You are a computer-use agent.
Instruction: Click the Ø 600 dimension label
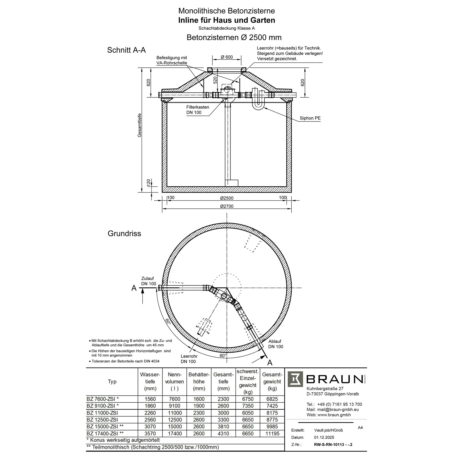(x=227, y=57)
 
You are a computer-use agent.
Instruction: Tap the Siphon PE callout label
(x=310, y=118)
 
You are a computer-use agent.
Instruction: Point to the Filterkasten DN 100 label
(x=198, y=110)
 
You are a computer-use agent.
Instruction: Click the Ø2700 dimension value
(x=227, y=206)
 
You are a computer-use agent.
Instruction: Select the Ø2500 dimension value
(x=227, y=198)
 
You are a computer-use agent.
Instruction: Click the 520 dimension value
(x=215, y=80)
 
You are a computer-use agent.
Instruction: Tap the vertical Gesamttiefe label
(x=139, y=125)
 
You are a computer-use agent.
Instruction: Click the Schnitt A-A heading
(x=126, y=50)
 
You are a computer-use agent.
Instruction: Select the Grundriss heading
(x=124, y=234)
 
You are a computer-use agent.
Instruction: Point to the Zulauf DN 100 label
(x=149, y=281)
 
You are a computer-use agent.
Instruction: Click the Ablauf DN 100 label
(x=275, y=344)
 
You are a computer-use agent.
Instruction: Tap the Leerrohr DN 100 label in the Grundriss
(x=189, y=359)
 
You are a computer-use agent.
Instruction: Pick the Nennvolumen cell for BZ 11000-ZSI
(x=175, y=413)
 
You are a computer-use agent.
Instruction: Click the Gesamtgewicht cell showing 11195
(x=272, y=433)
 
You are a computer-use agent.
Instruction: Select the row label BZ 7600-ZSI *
(x=103, y=399)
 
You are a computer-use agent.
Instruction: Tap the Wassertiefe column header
(x=150, y=381)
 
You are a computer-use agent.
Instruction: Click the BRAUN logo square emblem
(x=295, y=379)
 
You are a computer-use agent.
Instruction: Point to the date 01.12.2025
(x=324, y=437)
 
